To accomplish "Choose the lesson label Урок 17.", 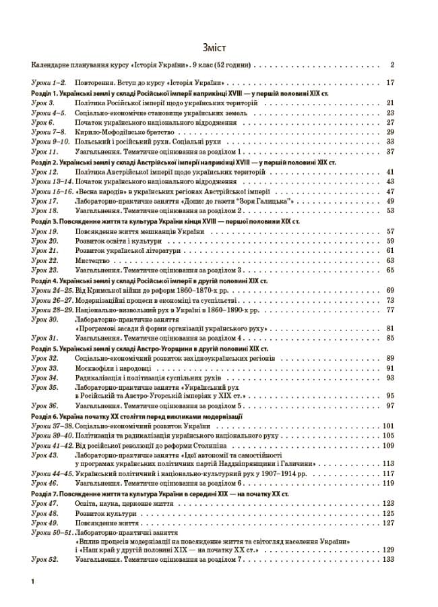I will (x=44, y=201).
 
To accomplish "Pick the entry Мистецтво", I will (x=90, y=260).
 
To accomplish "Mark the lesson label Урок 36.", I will (x=44, y=406).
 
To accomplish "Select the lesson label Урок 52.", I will (x=44, y=560).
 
